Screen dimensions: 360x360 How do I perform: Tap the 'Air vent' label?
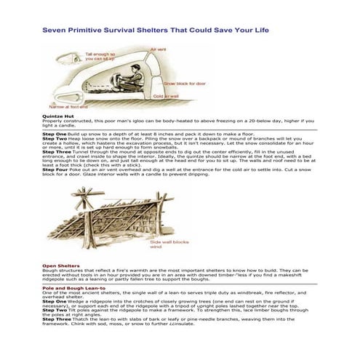[x=159, y=49]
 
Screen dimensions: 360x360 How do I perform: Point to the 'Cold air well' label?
[x=166, y=95]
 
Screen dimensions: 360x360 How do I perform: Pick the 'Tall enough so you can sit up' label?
[x=103, y=56]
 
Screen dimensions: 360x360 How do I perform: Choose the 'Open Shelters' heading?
[x=60, y=265]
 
